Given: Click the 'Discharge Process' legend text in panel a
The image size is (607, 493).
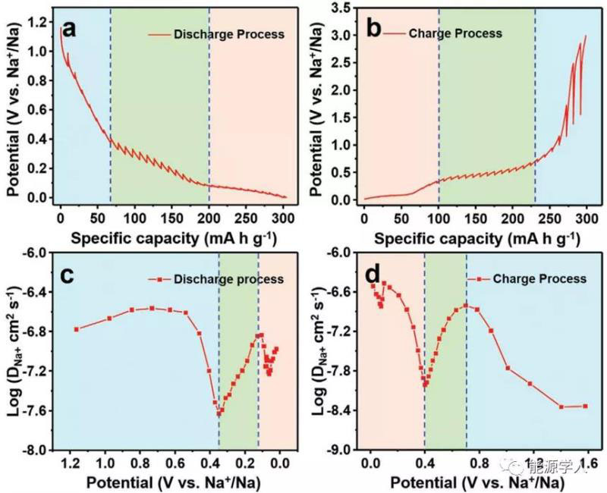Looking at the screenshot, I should point(228,34).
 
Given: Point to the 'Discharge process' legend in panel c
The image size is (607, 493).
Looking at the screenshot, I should point(228,279).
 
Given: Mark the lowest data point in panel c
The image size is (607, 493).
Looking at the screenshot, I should point(220,413).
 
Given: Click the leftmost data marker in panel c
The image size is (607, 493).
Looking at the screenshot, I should point(76,329).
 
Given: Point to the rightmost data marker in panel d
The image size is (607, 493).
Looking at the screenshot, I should point(585,406).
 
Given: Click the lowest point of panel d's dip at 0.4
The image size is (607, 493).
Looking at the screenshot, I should point(426,384).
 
